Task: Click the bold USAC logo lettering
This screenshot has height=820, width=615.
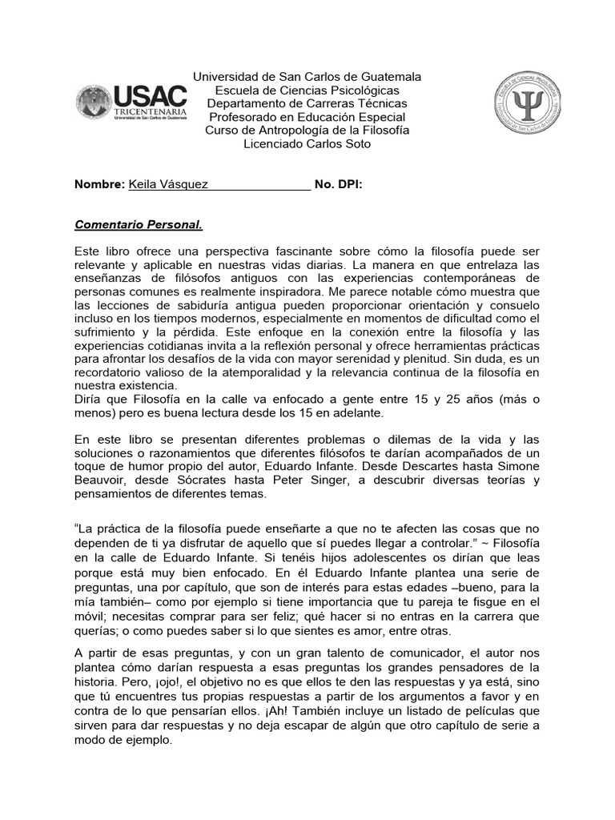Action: [x=152, y=98]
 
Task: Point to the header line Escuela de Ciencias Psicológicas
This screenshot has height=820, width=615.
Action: [x=307, y=90]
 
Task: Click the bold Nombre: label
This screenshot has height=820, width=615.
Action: [x=99, y=184]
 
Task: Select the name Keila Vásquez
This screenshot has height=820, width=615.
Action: [x=168, y=184]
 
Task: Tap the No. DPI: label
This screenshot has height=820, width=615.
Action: [x=339, y=184]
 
